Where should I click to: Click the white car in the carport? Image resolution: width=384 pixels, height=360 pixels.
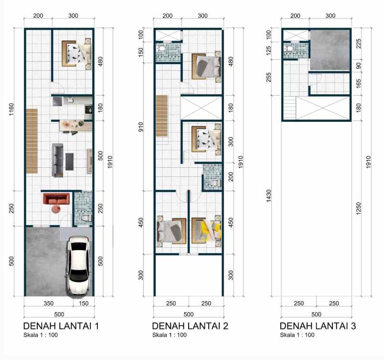coord(78,265)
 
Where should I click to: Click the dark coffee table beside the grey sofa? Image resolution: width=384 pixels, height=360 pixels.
coord(70,161)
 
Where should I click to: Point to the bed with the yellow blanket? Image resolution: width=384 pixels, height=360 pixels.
coord(206,229)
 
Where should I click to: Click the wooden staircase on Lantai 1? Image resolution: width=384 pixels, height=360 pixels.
coord(32,141)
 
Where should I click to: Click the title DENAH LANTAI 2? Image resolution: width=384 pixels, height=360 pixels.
coord(190,326)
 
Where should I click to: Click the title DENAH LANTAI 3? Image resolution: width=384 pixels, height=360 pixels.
coord(318,326)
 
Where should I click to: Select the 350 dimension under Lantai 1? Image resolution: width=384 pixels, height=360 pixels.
coord(48,303)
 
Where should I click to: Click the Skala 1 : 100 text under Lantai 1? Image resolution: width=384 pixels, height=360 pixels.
coord(41,335)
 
